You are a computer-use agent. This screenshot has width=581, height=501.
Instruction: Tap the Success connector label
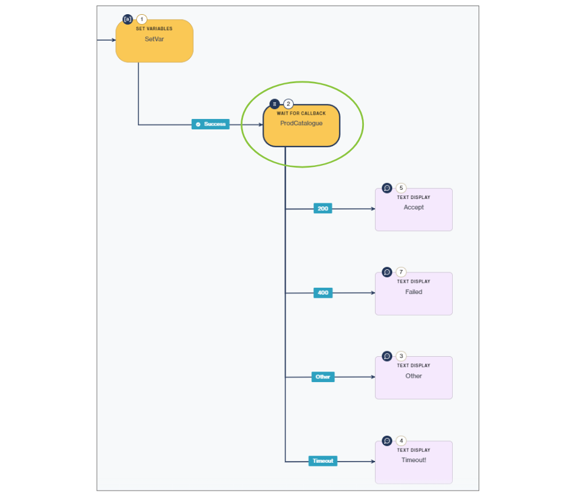(x=210, y=124)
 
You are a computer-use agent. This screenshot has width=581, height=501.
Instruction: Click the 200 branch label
(x=323, y=208)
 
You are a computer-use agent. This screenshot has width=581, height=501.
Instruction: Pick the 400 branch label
(x=323, y=293)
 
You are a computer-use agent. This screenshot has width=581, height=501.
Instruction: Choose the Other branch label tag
(x=323, y=377)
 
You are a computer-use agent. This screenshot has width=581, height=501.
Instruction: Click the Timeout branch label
(x=323, y=460)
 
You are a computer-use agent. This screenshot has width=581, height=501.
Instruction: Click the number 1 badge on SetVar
(x=142, y=20)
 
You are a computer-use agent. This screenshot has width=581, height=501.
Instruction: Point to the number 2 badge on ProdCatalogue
(x=289, y=104)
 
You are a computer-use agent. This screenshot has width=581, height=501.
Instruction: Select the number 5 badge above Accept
(x=401, y=188)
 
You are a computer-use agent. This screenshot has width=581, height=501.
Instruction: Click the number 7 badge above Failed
(x=401, y=272)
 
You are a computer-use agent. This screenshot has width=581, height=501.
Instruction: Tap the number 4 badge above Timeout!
(x=401, y=441)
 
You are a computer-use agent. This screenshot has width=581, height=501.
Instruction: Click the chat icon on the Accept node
(x=387, y=188)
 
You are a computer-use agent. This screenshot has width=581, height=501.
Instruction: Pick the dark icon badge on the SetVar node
(x=128, y=19)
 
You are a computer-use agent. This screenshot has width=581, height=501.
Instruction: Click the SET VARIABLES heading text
(x=154, y=29)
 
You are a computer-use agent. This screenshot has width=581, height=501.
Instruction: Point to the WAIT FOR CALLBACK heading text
(x=301, y=113)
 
